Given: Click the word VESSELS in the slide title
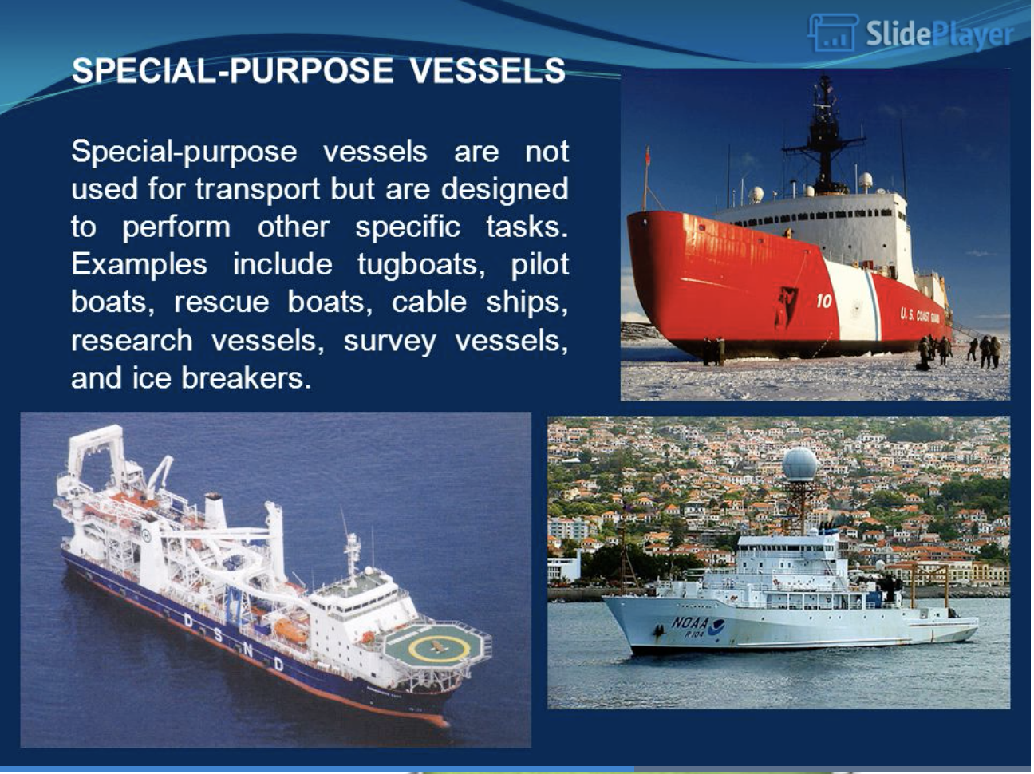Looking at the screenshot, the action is [487, 71].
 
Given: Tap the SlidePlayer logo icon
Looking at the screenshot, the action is [833, 32].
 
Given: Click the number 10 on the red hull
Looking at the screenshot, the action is [824, 301].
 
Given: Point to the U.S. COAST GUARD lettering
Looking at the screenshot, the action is [920, 316].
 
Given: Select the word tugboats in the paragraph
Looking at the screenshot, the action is [420, 264].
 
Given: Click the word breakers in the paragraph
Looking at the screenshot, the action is [247, 377].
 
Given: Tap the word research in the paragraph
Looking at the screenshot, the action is [132, 340].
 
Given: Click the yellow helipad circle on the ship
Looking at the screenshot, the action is [439, 649].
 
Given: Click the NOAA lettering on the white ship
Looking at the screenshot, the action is [689, 622].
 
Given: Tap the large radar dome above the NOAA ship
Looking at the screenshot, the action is [799, 464].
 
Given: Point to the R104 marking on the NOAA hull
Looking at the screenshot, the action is [694, 634].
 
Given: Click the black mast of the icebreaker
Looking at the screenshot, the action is [824, 136].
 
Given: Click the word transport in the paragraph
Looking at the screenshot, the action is [258, 189].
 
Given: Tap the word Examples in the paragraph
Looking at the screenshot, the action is [139, 265].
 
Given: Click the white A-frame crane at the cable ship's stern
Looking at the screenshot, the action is [96, 452].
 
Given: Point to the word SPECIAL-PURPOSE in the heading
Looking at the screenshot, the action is [232, 71].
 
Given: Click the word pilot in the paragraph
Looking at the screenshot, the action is [540, 264].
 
